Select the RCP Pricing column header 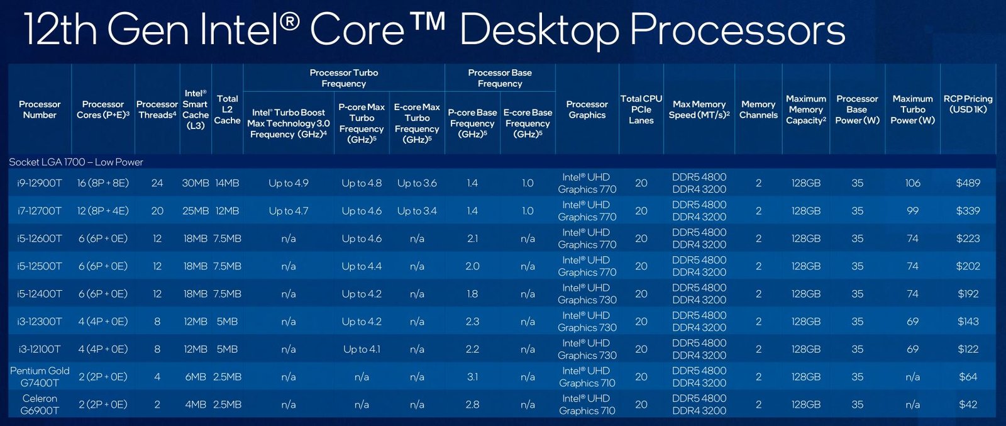[968, 104]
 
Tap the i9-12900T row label [40, 183]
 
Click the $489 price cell [968, 183]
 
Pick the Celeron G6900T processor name [40, 405]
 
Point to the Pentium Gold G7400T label [40, 376]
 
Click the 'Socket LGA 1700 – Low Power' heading [76, 162]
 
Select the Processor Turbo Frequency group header [344, 78]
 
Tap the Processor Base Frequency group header [500, 78]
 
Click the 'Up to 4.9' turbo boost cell [289, 183]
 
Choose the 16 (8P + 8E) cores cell [103, 183]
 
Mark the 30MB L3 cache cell [196, 183]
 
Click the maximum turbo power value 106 [912, 183]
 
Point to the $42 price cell [968, 405]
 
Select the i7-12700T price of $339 [968, 211]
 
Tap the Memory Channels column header [758, 109]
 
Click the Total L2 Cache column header [227, 109]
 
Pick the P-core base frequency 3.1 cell [472, 376]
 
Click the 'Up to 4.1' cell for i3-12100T [362, 349]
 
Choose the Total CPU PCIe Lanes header [641, 109]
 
